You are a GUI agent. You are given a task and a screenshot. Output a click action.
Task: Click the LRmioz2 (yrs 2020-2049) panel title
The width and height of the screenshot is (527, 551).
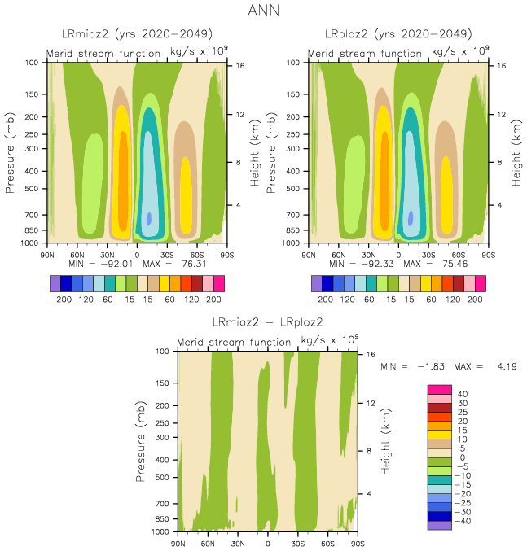(137, 34)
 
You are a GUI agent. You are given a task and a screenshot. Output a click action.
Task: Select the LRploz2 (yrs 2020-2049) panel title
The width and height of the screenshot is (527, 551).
(398, 34)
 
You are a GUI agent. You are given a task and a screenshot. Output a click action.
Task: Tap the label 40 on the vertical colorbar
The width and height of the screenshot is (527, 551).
(463, 394)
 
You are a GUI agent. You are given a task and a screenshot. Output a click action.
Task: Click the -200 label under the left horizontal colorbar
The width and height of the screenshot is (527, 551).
(64, 300)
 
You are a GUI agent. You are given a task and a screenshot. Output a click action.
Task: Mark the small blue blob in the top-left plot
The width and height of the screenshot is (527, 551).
(149, 217)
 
